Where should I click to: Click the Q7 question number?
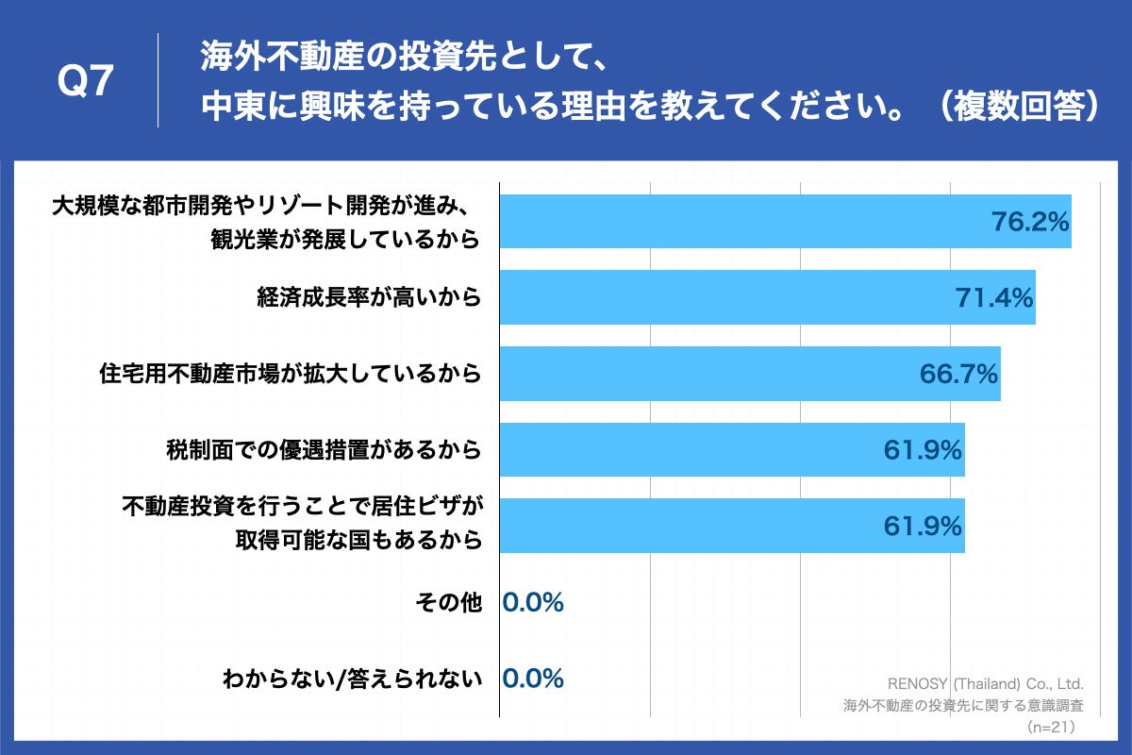click(86, 83)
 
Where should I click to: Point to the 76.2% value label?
click(1029, 222)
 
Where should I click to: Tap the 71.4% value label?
click(994, 298)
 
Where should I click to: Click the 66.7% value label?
click(958, 375)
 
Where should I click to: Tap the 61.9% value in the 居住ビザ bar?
click(923, 526)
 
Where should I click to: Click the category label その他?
click(448, 602)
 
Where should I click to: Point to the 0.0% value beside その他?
click(533, 602)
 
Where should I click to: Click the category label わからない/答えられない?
click(352, 679)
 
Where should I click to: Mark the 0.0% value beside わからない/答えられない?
click(533, 679)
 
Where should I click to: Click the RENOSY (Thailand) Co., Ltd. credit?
click(985, 683)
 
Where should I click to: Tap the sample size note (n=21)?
click(1050, 727)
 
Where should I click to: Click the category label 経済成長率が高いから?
click(369, 298)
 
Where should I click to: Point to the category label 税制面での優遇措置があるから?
click(324, 450)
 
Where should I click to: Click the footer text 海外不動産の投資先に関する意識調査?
click(962, 705)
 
